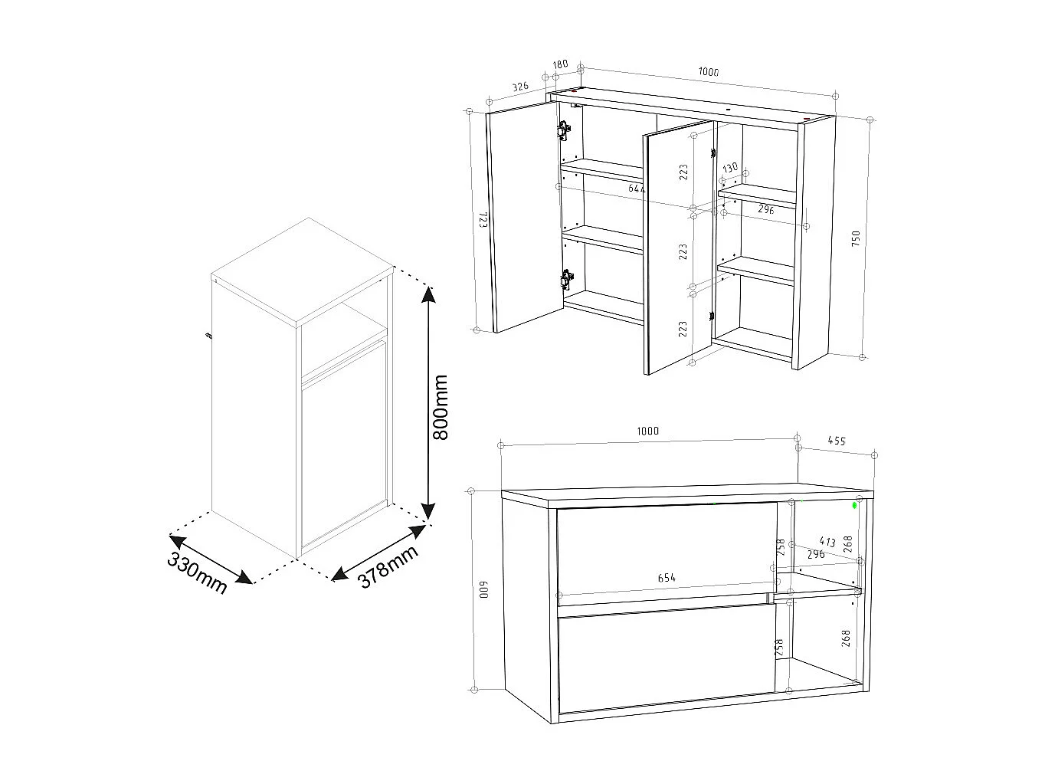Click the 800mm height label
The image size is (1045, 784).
[x=441, y=407]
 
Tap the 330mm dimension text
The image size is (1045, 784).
[x=197, y=572]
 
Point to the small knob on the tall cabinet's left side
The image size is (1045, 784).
[x=208, y=335]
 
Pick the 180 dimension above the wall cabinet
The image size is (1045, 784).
[x=561, y=64]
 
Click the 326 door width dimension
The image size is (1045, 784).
[x=520, y=87]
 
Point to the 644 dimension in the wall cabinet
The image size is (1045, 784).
[x=637, y=188]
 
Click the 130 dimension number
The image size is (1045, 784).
[x=730, y=167]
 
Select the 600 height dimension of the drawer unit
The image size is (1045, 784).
[x=483, y=589]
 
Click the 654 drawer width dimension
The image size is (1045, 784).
[x=667, y=578]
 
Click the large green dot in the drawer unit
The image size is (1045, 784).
[x=855, y=506]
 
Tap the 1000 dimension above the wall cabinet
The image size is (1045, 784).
[x=709, y=73]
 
